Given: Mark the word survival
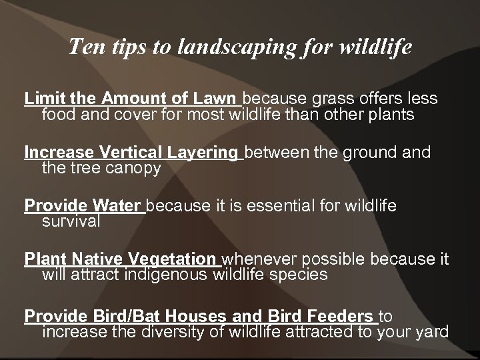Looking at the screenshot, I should [71, 221].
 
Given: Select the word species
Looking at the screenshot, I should [299, 275].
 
